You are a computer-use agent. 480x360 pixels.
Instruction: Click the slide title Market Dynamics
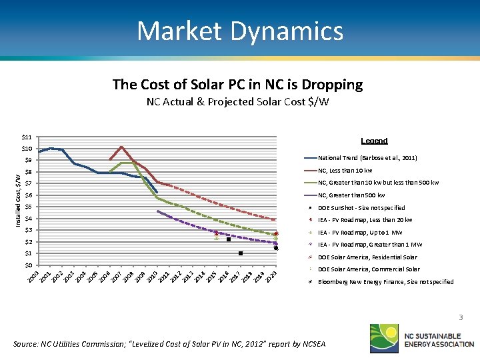pos(240,31)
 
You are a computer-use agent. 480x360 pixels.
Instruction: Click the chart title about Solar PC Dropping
pos(237,84)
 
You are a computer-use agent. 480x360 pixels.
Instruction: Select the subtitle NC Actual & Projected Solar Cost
pos(237,102)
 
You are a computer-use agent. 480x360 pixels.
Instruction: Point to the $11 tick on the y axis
pos(27,137)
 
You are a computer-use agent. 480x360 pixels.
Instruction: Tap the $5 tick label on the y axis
pos(28,207)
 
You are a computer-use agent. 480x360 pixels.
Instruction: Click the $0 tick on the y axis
pos(28,265)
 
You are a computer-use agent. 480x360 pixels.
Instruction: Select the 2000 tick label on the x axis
pos(33,275)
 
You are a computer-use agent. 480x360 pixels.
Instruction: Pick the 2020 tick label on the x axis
pos(270,275)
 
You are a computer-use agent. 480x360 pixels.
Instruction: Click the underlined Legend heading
pos(374,141)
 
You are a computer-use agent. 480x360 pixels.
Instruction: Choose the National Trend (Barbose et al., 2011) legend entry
pos(367,158)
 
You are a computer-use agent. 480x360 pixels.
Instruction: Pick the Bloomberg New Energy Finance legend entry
pos(385,282)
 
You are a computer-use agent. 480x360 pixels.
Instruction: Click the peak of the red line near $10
pos(121,147)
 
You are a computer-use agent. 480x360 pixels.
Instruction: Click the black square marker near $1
pos(241,253)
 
